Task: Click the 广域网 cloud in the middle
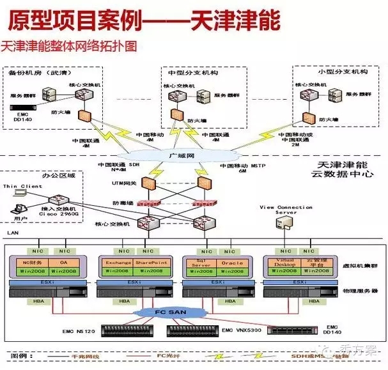point(175,155)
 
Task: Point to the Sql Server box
point(199,263)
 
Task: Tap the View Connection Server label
point(285,210)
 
